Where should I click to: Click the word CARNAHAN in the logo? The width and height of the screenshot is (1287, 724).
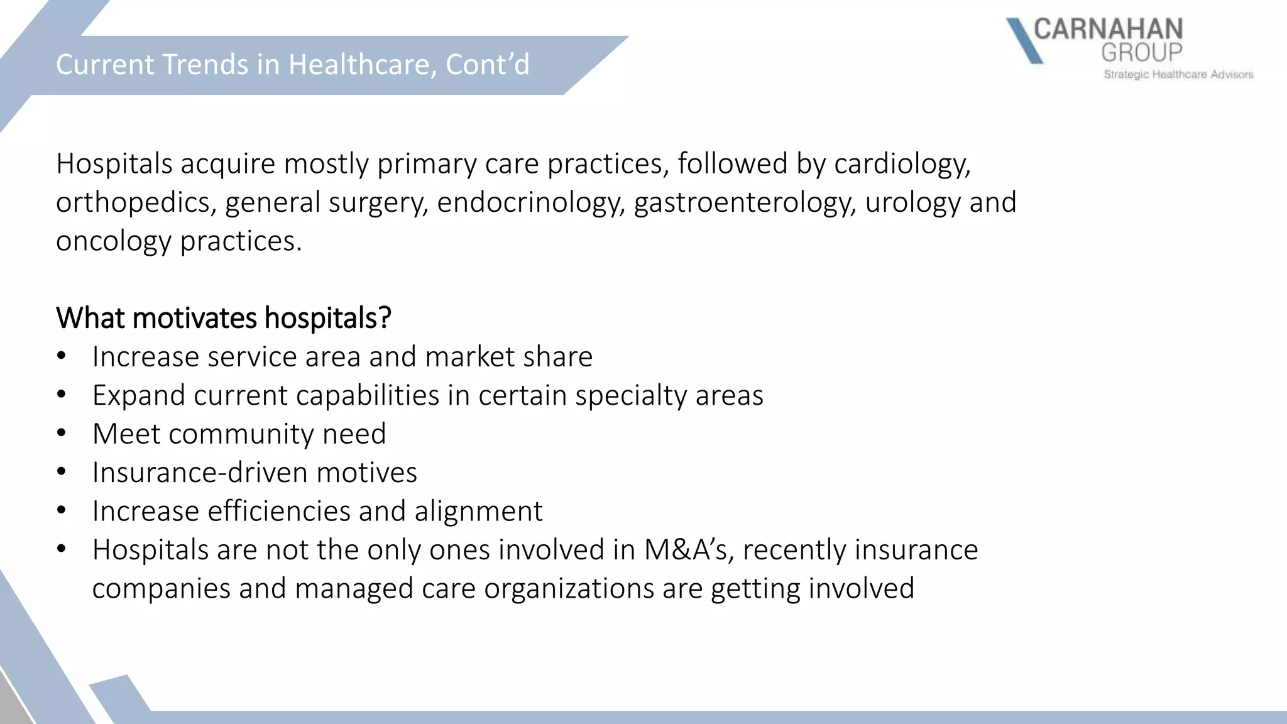point(1108,30)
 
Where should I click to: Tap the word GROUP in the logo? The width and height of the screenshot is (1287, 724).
point(1142,53)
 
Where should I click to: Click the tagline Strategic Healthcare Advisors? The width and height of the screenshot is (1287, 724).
point(1178,75)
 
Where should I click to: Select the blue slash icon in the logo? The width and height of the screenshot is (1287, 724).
point(1024,41)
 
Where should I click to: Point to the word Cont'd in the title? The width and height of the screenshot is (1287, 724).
point(488,65)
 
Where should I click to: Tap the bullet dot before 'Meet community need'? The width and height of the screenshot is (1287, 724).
point(61,434)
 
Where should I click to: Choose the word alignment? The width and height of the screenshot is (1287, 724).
point(478,511)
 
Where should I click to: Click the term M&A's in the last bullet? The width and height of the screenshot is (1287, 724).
point(689,550)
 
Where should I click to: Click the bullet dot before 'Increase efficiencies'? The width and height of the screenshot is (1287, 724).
point(61,511)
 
